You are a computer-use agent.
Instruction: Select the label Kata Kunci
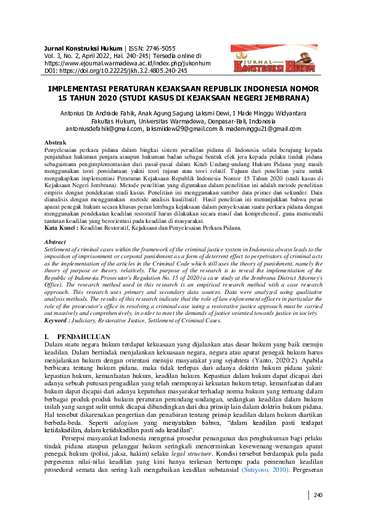pyautogui.click(x=61, y=228)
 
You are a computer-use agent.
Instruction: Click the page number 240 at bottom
pyautogui.click(x=319, y=495)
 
